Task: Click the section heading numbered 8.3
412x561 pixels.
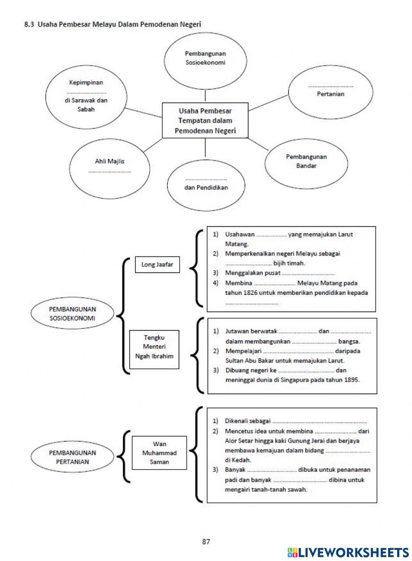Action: [x=112, y=24]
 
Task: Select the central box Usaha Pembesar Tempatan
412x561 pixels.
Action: [x=205, y=121]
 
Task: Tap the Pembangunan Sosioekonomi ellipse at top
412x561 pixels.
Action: [x=205, y=58]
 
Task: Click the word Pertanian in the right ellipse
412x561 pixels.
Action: [x=330, y=94]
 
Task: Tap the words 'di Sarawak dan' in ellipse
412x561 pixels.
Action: [x=86, y=100]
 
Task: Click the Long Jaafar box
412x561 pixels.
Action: [x=157, y=265]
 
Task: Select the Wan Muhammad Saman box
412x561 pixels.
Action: [x=159, y=453]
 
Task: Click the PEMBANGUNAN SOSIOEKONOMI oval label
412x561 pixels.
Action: [x=73, y=314]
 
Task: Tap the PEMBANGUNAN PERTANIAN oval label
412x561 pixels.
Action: [x=73, y=457]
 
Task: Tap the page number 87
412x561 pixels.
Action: [x=206, y=542]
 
